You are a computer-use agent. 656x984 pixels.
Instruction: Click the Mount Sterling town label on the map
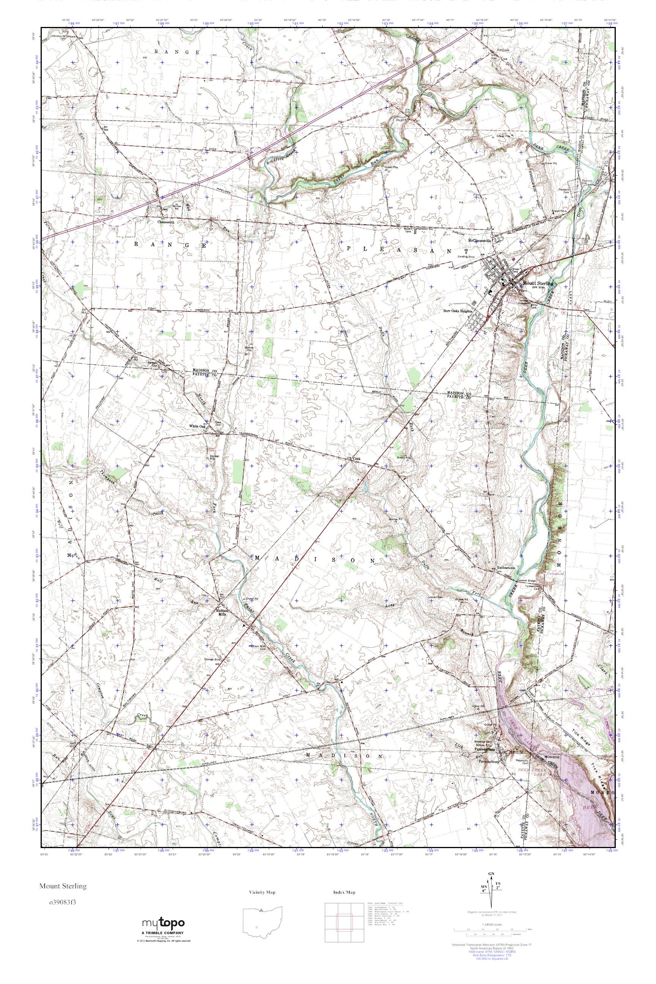(538, 283)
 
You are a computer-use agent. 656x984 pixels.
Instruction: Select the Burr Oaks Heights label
(458, 311)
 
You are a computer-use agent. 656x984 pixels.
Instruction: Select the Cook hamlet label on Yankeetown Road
(356, 459)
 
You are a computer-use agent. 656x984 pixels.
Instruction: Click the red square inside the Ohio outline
(257, 923)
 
